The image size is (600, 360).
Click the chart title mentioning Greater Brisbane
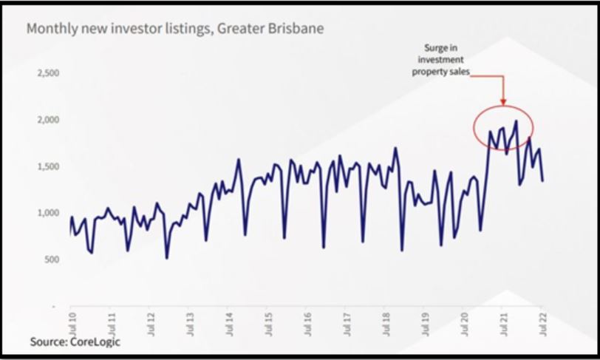pos(174,30)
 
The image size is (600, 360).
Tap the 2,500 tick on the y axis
pos(48,74)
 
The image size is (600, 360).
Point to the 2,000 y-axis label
pos(48,120)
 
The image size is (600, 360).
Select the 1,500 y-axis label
pos(48,167)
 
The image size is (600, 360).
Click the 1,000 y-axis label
pos(48,213)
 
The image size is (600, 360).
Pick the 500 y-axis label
pos(51,259)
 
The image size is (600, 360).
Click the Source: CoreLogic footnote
pos(75,342)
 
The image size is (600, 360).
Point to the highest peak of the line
pos(516,120)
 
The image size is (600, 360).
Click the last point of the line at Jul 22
pos(542,180)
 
